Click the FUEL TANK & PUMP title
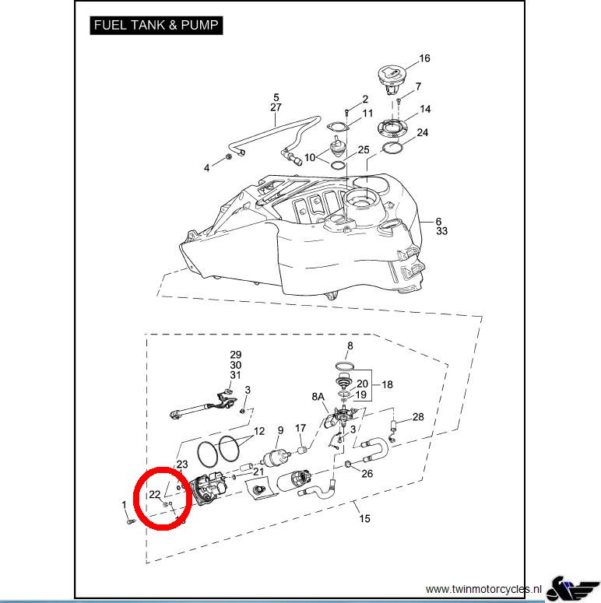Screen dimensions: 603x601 (x=156, y=25)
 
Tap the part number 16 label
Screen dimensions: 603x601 (x=424, y=58)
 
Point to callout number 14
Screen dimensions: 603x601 (x=425, y=109)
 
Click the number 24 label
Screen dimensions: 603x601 (x=422, y=133)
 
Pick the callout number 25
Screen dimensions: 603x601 (x=363, y=149)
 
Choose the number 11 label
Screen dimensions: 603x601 (x=367, y=114)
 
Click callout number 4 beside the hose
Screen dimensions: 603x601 (x=207, y=168)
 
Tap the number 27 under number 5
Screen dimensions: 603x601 (x=276, y=107)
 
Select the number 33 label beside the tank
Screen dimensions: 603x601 (x=441, y=231)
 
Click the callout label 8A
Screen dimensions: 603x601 (x=318, y=397)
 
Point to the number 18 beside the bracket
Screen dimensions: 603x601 (x=387, y=384)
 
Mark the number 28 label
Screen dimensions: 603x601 (x=418, y=417)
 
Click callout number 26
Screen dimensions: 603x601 (x=367, y=474)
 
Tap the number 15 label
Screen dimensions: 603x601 (x=364, y=519)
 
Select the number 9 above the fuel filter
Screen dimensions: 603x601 (x=280, y=431)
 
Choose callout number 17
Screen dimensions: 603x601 (x=300, y=429)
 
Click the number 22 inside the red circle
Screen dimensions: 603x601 (x=155, y=494)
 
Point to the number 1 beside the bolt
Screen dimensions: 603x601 (x=125, y=506)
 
